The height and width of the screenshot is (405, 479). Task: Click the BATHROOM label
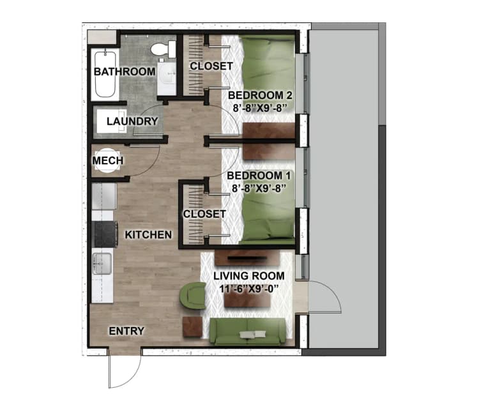tap(125, 72)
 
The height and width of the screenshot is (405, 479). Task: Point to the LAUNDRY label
tap(132, 121)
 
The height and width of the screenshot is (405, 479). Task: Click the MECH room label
tap(108, 160)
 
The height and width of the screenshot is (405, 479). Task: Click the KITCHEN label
tap(148, 234)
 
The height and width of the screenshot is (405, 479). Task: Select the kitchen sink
tap(102, 263)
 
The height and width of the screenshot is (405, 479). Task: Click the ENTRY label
tap(126, 331)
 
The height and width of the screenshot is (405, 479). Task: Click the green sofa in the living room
tap(248, 332)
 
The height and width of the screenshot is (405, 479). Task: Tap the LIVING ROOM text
tap(249, 275)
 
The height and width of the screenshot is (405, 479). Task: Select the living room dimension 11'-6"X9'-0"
tap(249, 288)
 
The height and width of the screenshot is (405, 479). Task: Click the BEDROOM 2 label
tap(255, 96)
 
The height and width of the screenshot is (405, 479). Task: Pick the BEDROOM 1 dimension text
tap(255, 188)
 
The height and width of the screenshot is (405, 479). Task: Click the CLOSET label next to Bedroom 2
tap(211, 66)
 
